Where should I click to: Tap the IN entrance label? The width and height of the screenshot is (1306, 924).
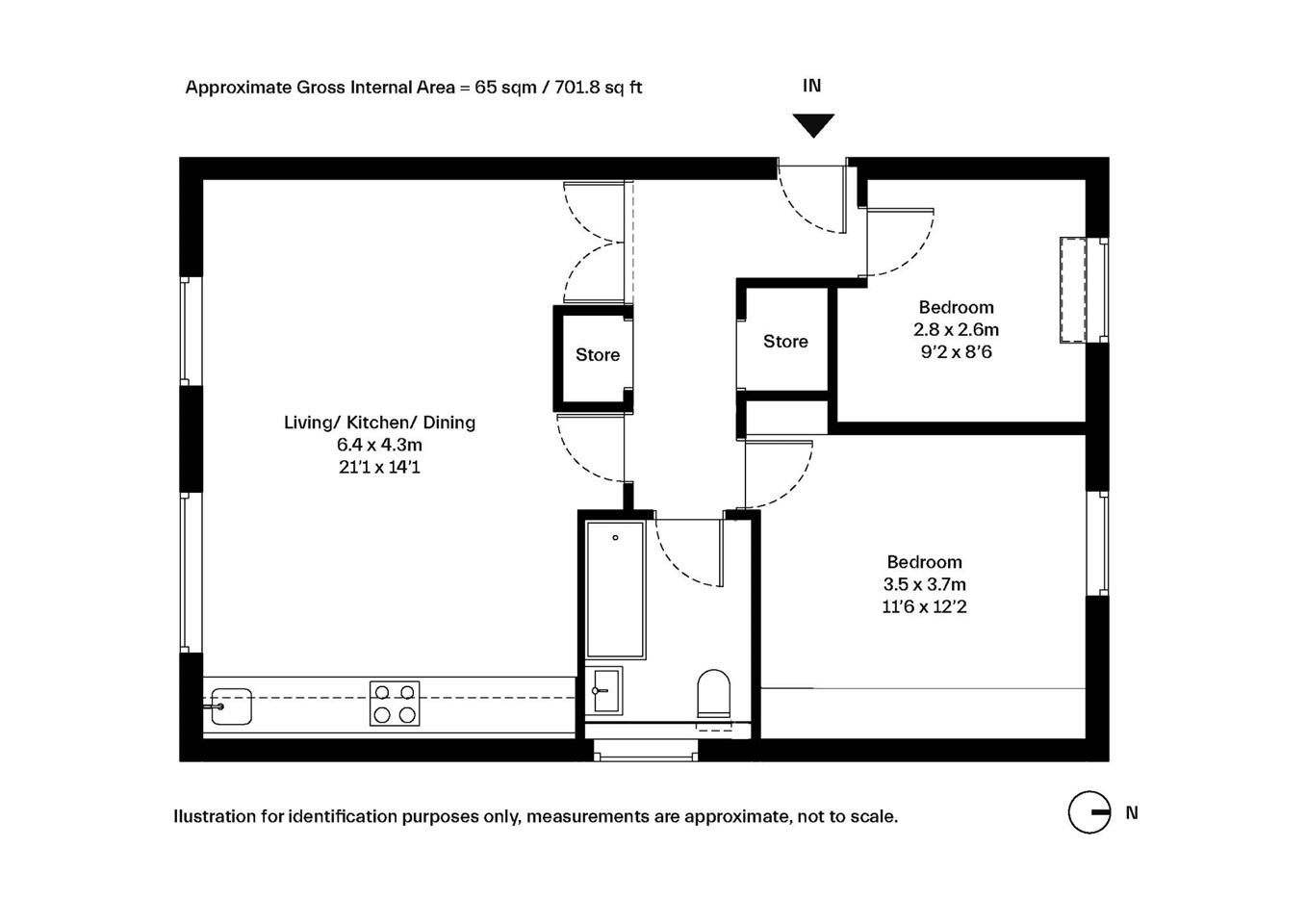(811, 86)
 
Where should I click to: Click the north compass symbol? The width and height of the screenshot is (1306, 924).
(1089, 812)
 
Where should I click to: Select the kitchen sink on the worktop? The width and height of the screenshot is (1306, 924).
(231, 706)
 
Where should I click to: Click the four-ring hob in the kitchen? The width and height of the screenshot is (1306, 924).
(395, 704)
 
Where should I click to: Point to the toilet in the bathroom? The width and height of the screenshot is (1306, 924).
(714, 694)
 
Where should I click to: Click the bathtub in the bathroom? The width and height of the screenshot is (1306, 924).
(616, 590)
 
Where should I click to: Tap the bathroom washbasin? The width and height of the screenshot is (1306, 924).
(604, 691)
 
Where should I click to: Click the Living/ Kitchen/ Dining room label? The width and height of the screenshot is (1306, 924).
(379, 423)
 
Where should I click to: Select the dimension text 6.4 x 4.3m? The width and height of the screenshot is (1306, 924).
(379, 445)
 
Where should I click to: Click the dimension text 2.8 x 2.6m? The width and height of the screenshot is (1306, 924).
(957, 330)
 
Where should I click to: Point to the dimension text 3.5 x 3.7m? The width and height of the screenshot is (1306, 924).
(925, 584)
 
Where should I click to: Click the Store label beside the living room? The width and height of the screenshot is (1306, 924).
(598, 354)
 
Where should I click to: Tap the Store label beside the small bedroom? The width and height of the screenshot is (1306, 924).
(785, 341)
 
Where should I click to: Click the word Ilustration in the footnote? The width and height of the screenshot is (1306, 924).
(215, 816)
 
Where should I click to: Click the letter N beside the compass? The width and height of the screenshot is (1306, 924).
(1132, 812)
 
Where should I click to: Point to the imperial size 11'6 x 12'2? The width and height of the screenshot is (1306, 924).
(925, 607)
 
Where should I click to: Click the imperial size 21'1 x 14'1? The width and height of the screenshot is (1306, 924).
(379, 467)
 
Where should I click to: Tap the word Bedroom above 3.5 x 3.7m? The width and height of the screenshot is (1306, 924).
(925, 562)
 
